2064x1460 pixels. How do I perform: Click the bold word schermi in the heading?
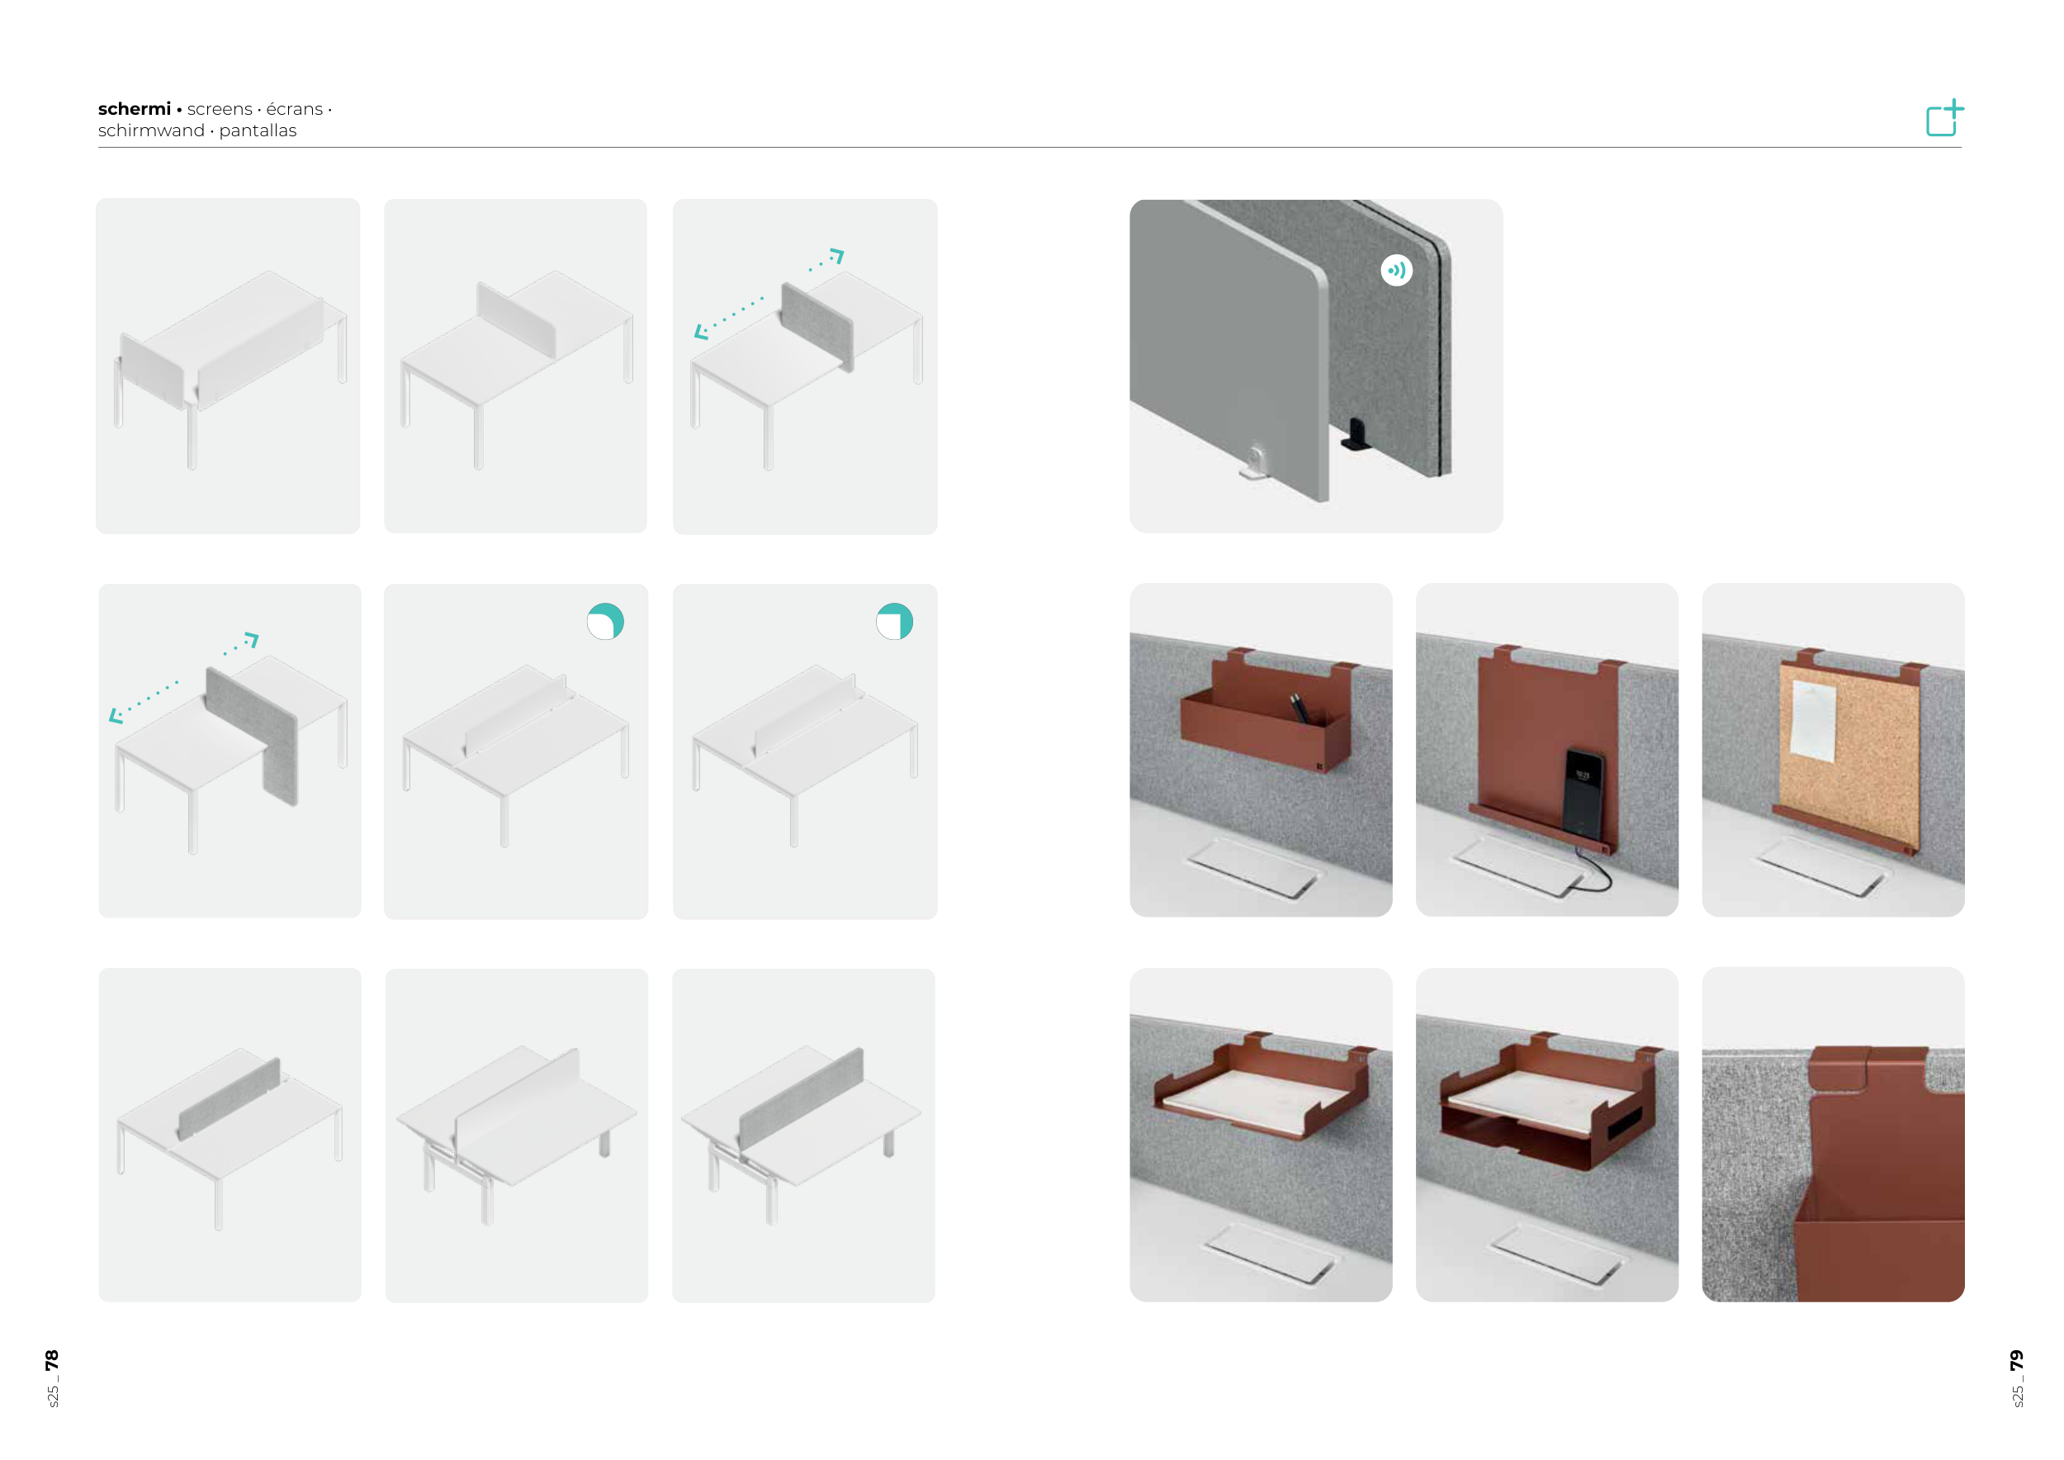[134, 109]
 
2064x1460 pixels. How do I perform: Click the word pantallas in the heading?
[258, 131]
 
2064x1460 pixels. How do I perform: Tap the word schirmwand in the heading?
[151, 131]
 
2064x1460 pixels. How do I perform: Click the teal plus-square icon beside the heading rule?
[1944, 119]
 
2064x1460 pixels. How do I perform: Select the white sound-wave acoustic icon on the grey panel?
[1396, 270]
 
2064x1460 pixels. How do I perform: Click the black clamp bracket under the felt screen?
[1355, 435]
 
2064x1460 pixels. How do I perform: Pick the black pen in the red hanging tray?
[1299, 707]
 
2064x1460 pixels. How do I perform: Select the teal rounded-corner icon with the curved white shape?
[605, 621]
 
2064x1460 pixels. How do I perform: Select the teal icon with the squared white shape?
[894, 621]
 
